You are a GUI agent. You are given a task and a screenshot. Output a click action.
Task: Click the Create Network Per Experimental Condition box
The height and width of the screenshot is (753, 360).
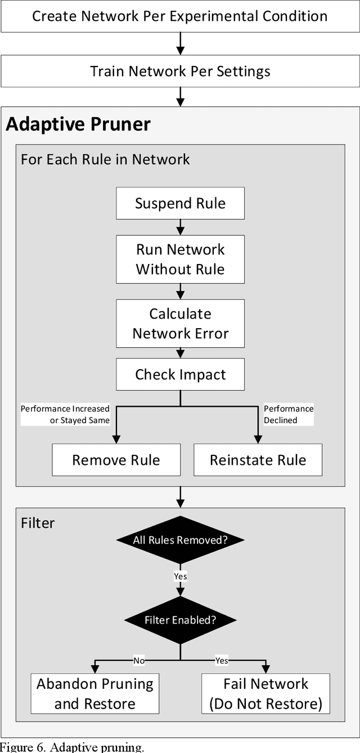[x=180, y=16]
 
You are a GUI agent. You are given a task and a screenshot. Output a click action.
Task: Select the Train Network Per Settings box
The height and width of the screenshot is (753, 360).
[x=180, y=71]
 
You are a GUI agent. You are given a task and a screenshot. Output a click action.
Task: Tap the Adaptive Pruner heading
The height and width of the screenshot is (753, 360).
[x=78, y=124]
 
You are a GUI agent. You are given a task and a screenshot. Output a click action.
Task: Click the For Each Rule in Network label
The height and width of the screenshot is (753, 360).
[x=105, y=159]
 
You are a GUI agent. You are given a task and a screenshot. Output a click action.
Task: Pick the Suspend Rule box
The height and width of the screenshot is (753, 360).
[x=180, y=203]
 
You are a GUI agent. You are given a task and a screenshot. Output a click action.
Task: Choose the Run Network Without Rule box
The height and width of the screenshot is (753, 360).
[x=180, y=259]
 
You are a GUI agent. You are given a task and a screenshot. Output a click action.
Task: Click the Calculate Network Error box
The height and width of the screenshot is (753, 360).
[x=180, y=324]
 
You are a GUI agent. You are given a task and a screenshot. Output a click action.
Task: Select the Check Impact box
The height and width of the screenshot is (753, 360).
[x=180, y=375]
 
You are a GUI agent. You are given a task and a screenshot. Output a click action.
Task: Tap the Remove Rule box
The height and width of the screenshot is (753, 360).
[x=116, y=460]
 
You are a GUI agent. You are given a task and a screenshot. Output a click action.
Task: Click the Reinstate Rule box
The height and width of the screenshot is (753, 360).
[x=258, y=460]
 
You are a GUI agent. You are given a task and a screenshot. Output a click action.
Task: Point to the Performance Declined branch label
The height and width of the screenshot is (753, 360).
[x=289, y=414]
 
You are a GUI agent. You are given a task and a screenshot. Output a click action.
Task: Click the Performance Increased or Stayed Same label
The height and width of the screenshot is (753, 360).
[x=65, y=414]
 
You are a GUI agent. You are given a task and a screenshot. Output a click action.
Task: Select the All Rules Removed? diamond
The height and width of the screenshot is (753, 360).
[x=180, y=540]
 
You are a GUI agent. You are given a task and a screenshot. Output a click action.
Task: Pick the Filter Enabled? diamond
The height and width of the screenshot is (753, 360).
[x=180, y=621]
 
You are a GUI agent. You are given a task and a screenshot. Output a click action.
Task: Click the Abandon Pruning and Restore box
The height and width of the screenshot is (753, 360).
[x=95, y=694]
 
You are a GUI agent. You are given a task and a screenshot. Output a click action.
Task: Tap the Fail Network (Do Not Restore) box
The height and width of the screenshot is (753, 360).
[x=265, y=694]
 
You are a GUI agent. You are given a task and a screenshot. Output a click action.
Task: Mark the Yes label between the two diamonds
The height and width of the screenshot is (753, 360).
[x=180, y=576]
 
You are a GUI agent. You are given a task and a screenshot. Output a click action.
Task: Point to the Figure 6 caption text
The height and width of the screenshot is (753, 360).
[x=72, y=747]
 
